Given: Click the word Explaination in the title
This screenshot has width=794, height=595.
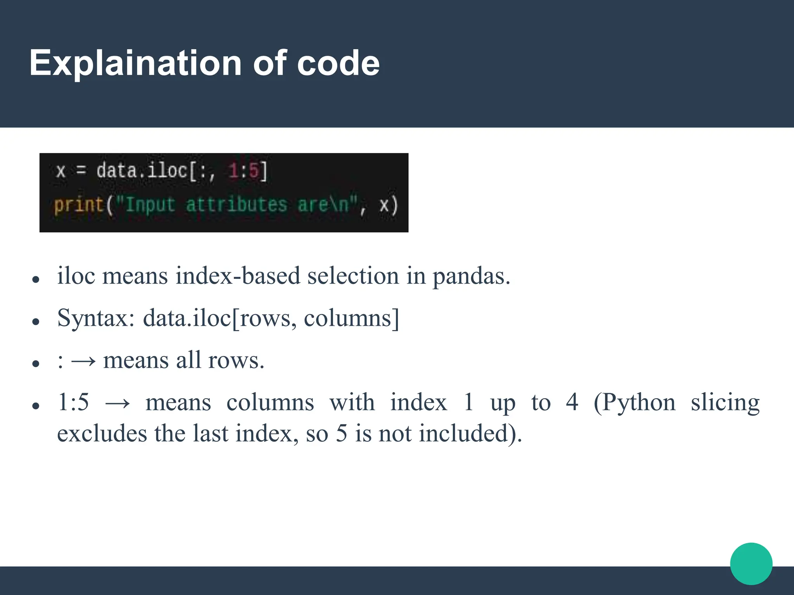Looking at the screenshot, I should pos(136,63).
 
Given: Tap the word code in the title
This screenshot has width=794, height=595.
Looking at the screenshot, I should pos(338,63).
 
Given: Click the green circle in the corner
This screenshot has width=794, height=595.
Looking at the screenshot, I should pos(751,564).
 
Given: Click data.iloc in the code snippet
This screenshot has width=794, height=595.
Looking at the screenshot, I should pos(142,171).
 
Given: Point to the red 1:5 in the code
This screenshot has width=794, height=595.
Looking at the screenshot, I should pos(243,171).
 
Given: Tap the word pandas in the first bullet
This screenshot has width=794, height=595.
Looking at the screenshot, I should pos(471,276).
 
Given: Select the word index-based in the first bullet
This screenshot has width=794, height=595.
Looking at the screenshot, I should pos(238,275).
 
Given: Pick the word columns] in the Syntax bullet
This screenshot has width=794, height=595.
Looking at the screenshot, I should pos(351,318).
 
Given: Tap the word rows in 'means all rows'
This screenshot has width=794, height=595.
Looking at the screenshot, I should pos(236,360).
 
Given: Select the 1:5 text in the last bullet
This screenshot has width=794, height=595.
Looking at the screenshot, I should pos(73,402).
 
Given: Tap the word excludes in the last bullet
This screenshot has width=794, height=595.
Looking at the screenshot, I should pos(102,433).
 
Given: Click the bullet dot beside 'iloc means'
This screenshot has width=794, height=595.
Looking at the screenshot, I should pos(36,279).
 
